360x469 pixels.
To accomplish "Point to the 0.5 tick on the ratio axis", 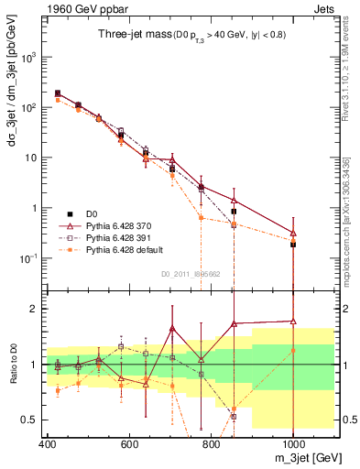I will tap(32, 420).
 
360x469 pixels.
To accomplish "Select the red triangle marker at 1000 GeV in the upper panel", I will tap(293, 233).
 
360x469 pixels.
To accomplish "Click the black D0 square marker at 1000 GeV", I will tap(293, 245).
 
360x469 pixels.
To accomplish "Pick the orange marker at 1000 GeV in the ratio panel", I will tap(293, 350).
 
